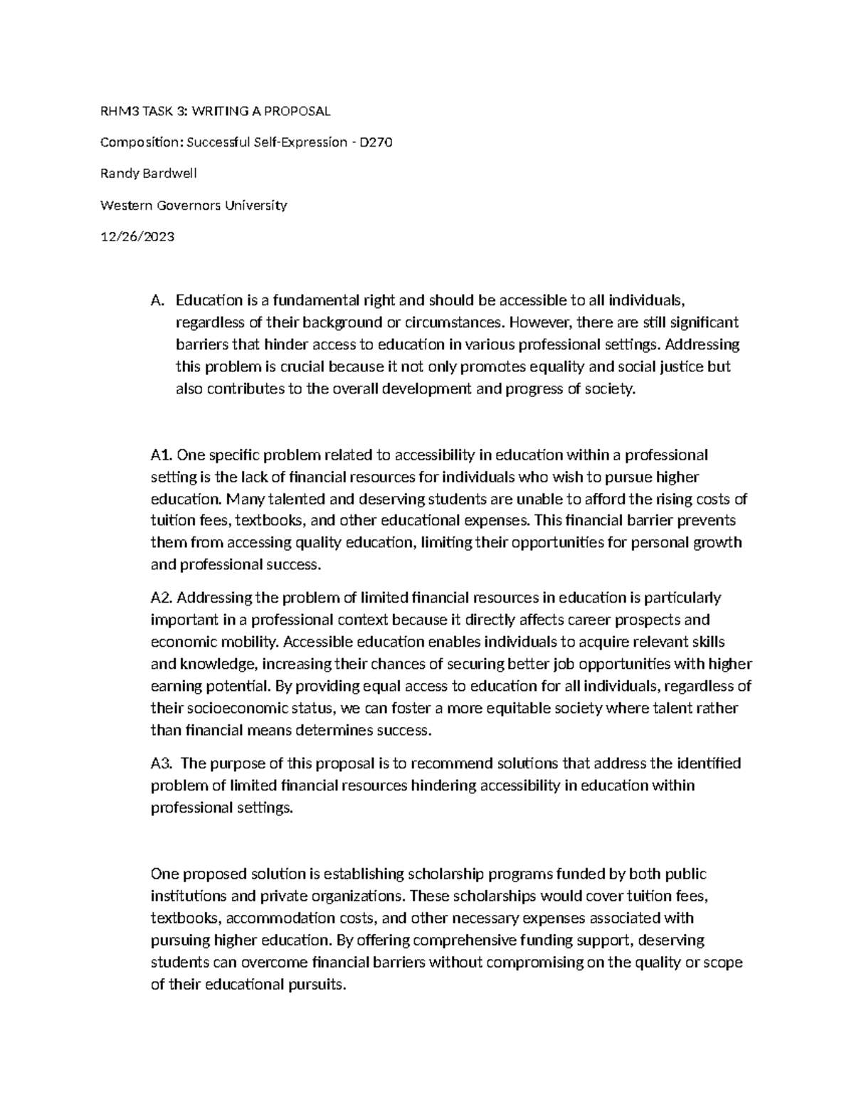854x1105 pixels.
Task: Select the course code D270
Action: point(376,142)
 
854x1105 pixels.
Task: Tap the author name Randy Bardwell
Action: point(149,174)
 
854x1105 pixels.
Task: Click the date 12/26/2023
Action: point(137,237)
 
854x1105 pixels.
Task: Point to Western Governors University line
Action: point(194,206)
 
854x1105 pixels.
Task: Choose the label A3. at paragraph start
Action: point(162,763)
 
